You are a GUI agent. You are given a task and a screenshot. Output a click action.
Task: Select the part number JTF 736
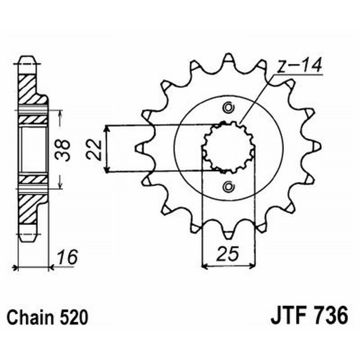click(309, 316)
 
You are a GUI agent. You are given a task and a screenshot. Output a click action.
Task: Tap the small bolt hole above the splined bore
click(228, 108)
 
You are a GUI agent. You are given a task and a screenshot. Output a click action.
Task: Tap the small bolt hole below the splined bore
click(228, 186)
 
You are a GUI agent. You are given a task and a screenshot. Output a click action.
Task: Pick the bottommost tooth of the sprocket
click(228, 234)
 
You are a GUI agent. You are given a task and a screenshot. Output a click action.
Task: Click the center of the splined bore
click(228, 147)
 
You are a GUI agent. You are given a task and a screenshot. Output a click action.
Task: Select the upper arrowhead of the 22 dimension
click(107, 128)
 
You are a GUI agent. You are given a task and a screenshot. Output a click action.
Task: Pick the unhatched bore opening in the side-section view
click(34, 149)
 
